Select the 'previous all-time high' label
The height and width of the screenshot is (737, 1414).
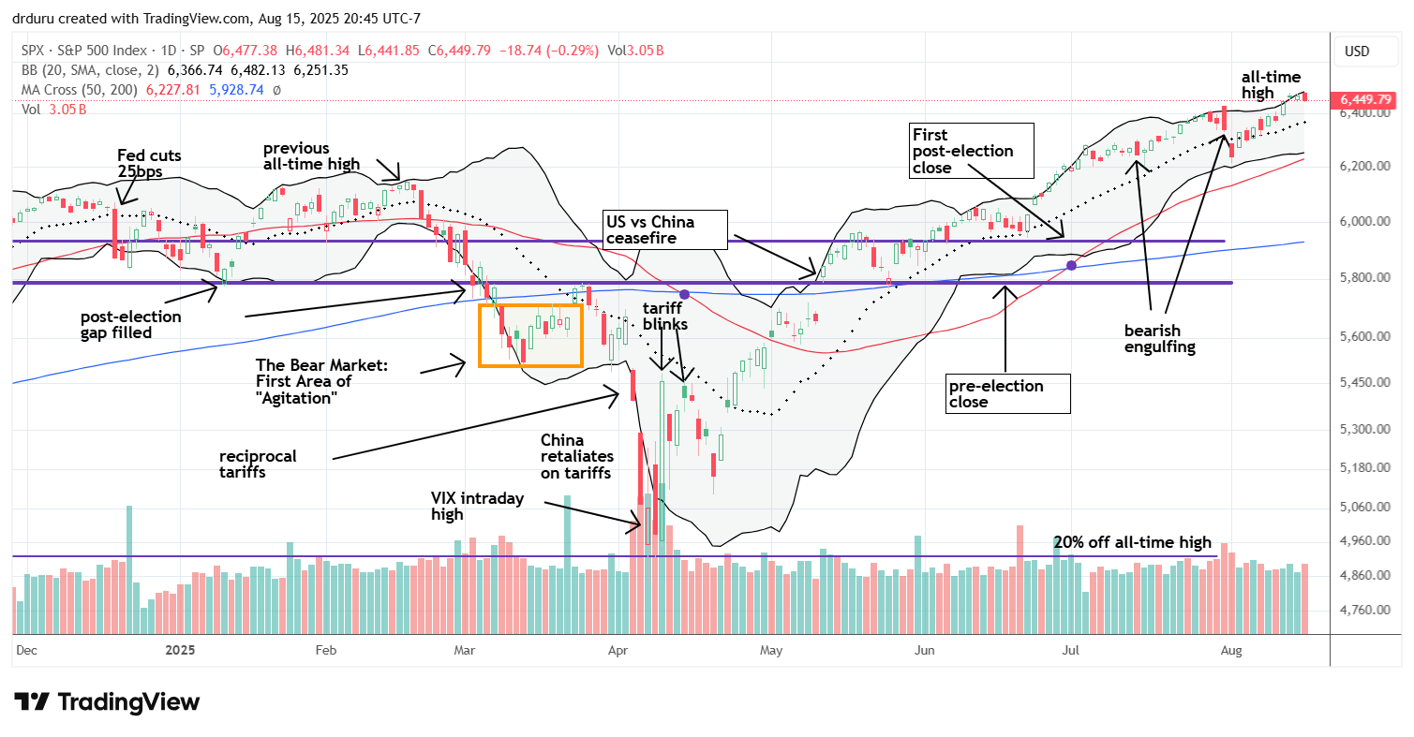coord(311,156)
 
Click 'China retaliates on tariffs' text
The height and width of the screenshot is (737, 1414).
coord(576,456)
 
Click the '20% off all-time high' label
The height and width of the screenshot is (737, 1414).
coord(1132,542)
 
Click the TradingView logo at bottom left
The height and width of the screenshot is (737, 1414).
coord(107,701)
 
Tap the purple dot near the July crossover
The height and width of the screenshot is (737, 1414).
coord(1070,266)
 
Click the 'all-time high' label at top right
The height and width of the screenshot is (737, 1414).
coord(1271,85)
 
